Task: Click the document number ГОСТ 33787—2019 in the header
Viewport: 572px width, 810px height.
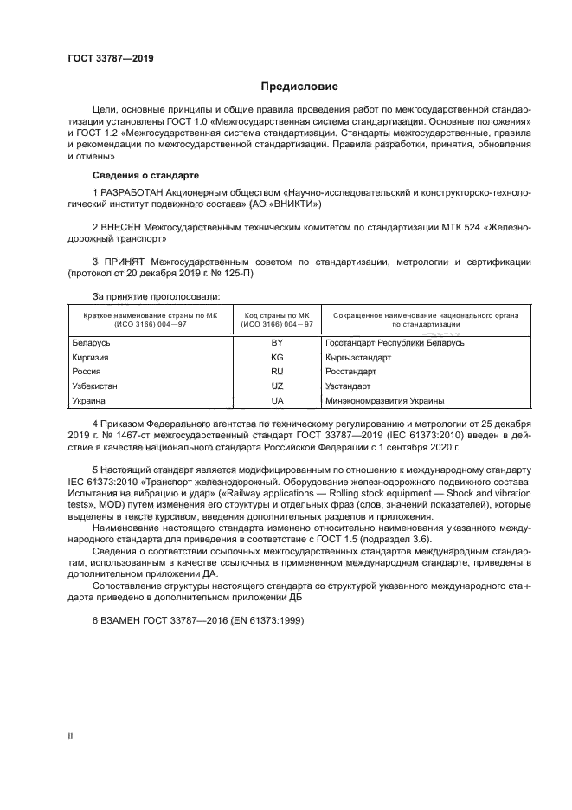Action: tap(111, 59)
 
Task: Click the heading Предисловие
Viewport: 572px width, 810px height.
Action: tap(299, 87)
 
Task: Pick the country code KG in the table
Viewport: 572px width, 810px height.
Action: tap(277, 357)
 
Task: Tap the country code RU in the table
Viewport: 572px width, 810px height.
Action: tap(277, 372)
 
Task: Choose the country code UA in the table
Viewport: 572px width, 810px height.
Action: tap(277, 401)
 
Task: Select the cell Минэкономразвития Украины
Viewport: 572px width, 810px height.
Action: tap(385, 401)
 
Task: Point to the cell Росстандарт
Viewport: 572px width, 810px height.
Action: tap(351, 372)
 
